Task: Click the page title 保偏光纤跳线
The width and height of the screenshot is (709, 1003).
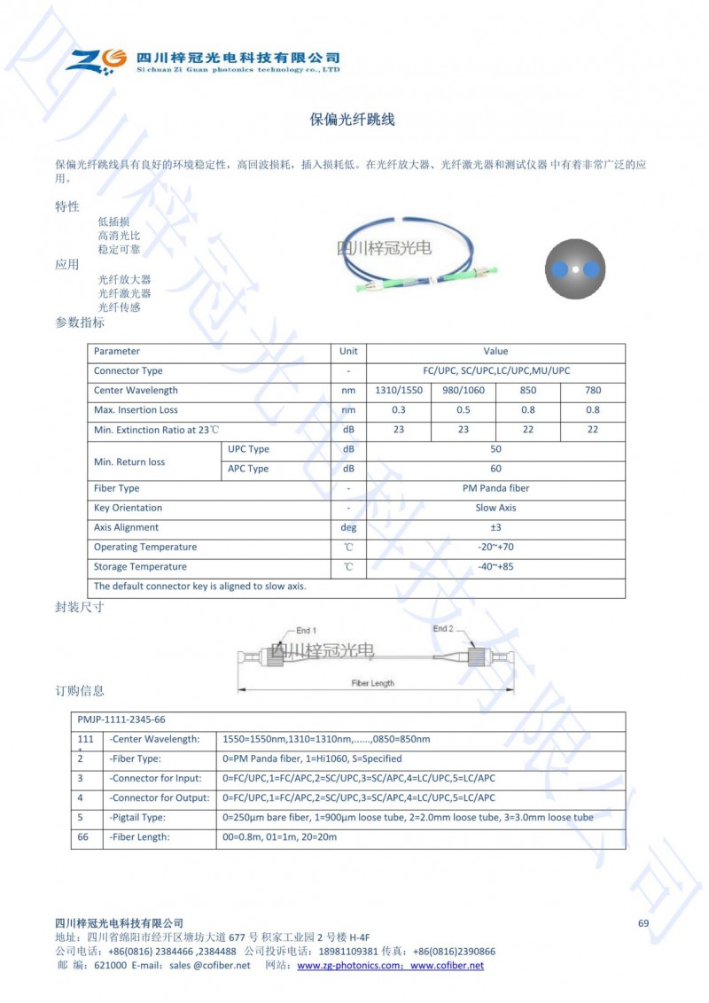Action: (352, 120)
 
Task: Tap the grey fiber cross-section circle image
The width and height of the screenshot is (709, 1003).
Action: (575, 268)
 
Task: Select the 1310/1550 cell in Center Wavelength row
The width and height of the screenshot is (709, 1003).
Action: (398, 391)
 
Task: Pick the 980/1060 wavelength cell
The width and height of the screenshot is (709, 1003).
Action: (463, 391)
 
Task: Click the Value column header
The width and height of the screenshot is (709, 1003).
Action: (495, 352)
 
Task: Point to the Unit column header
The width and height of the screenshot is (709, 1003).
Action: (348, 352)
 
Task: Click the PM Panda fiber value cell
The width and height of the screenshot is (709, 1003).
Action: (495, 488)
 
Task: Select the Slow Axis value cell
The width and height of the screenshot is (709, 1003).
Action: (495, 508)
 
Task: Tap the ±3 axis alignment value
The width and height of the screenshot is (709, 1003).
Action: (495, 527)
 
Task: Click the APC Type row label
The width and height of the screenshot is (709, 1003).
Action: (248, 469)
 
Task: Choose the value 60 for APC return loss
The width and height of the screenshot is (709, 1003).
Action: (495, 469)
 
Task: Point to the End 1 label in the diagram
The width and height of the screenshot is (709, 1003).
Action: (306, 630)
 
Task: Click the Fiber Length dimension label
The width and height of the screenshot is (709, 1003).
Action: (372, 683)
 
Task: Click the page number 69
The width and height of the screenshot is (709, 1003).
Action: (643, 923)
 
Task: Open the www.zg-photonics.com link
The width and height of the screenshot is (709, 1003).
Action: (351, 966)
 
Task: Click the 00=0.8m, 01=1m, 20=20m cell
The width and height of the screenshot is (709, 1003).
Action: (279, 836)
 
